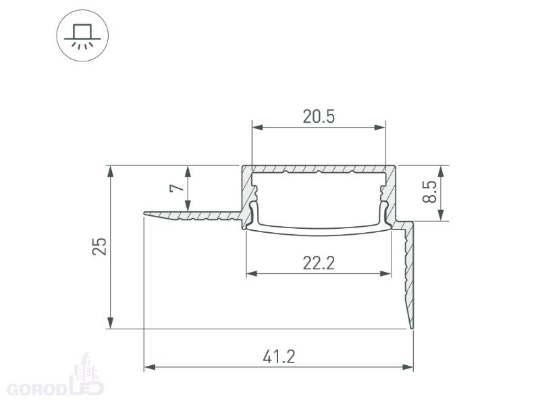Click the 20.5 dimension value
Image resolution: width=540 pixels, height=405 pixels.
pyautogui.click(x=319, y=116)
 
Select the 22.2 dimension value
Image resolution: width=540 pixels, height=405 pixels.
pyautogui.click(x=319, y=263)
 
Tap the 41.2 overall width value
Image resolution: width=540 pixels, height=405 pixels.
pyautogui.click(x=279, y=357)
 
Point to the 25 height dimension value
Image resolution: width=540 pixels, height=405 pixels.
pyautogui.click(x=99, y=246)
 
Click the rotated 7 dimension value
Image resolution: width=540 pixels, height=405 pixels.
pyautogui.click(x=178, y=188)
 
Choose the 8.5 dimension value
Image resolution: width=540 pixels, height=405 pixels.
pyautogui.click(x=429, y=192)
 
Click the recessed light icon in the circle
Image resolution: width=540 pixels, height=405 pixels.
pyautogui.click(x=82, y=36)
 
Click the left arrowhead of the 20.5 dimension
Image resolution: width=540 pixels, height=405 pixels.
pyautogui.click(x=258, y=128)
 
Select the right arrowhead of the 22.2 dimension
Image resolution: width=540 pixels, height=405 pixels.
pyautogui.click(x=385, y=274)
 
